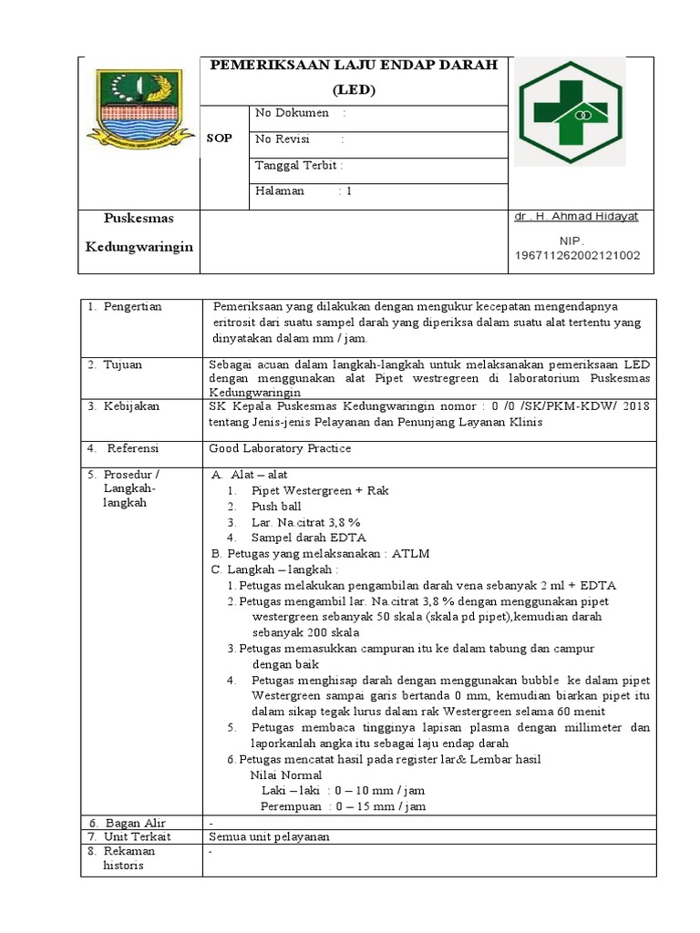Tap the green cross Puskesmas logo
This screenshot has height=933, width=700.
click(x=572, y=112)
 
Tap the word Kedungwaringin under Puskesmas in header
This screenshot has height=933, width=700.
click(x=139, y=247)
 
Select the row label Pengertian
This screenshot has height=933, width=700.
click(x=131, y=306)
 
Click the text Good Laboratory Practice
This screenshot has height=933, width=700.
click(x=280, y=448)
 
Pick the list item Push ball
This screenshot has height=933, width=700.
click(x=276, y=506)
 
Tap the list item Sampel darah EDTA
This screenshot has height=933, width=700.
click(x=296, y=537)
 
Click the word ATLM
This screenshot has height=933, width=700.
click(x=410, y=553)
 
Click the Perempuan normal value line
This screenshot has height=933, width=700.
click(x=344, y=806)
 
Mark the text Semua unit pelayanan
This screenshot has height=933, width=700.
click(x=269, y=836)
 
